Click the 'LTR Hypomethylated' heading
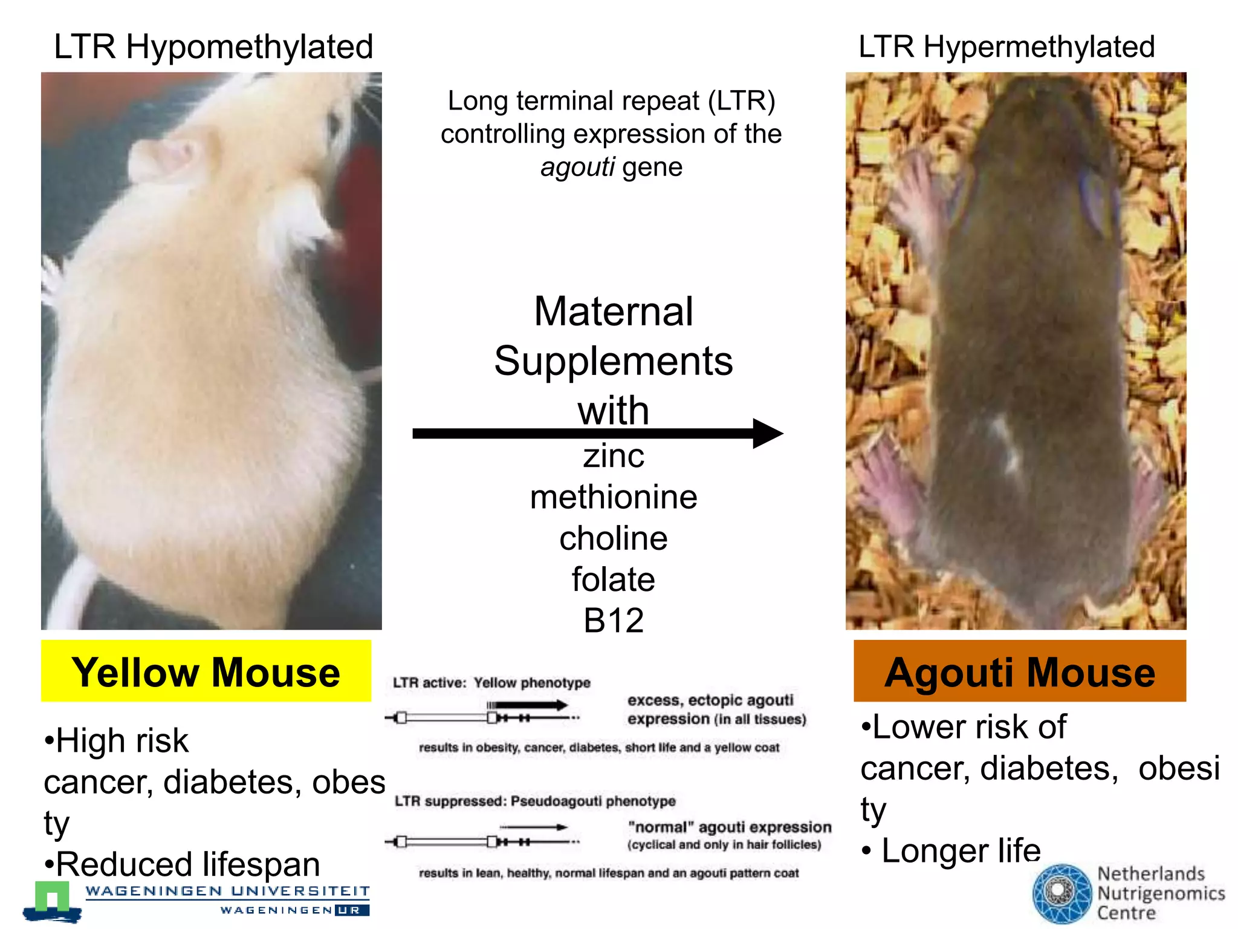213,47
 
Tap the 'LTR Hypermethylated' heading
1006,47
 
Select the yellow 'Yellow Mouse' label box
206,671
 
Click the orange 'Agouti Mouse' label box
1020,671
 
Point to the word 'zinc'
614,456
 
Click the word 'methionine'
614,497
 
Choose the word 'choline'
614,538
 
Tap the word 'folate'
614,579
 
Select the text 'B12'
614,621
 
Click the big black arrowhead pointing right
766,434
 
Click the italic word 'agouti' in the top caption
577,167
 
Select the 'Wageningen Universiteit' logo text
227,892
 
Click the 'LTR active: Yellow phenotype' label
491,683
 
